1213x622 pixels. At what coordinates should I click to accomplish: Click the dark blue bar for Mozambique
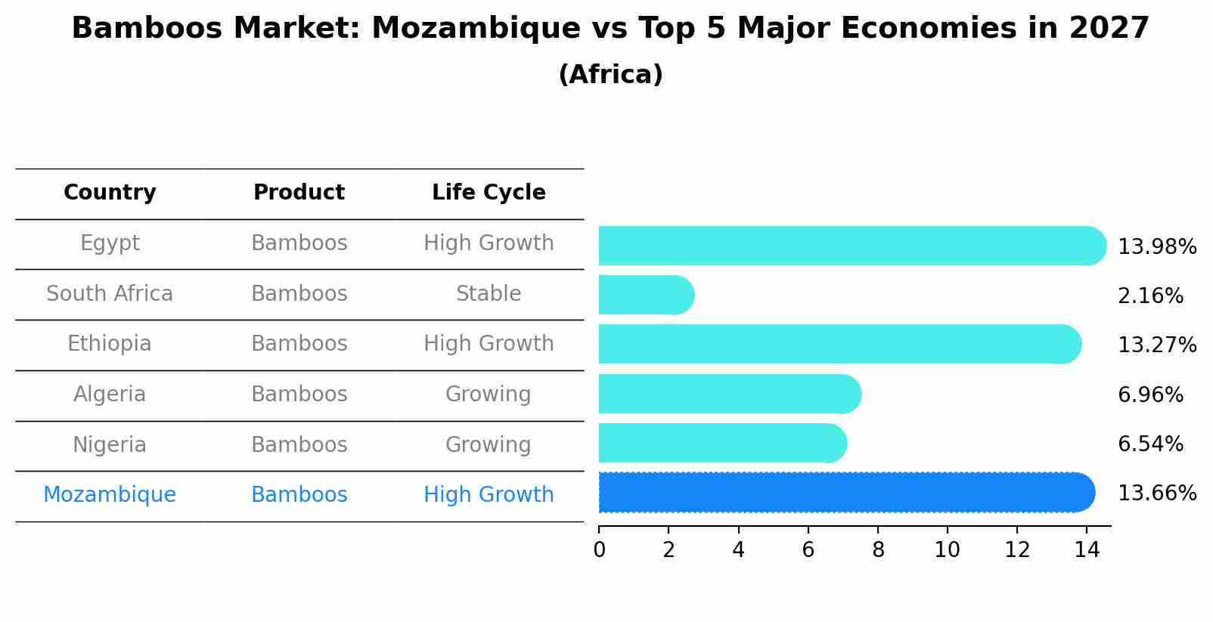[x=845, y=493]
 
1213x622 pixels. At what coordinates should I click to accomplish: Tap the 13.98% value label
[x=1156, y=247]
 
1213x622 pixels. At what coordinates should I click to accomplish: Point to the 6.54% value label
[x=1149, y=444]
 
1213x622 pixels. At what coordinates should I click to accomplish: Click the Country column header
[x=110, y=193]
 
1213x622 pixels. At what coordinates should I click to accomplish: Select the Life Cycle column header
[x=489, y=193]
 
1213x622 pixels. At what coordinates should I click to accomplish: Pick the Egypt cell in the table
[x=110, y=243]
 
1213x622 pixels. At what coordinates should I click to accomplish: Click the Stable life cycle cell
[x=489, y=294]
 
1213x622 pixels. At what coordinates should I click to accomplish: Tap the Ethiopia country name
[x=110, y=344]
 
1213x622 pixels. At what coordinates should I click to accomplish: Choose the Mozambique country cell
[x=110, y=495]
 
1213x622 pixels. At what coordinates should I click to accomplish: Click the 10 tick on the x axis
[x=947, y=550]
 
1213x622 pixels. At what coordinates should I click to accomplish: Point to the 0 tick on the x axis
[x=599, y=550]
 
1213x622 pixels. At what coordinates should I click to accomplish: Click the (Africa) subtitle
[x=610, y=75]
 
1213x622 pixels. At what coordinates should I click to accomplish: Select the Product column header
[x=299, y=193]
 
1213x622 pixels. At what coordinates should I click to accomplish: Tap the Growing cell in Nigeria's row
[x=489, y=444]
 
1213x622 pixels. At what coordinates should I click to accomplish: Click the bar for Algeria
[x=729, y=394]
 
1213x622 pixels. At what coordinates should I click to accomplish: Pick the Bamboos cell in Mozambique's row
[x=299, y=495]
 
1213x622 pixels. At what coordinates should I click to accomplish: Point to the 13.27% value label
[x=1156, y=345]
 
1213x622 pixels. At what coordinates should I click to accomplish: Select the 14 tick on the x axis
[x=1087, y=550]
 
